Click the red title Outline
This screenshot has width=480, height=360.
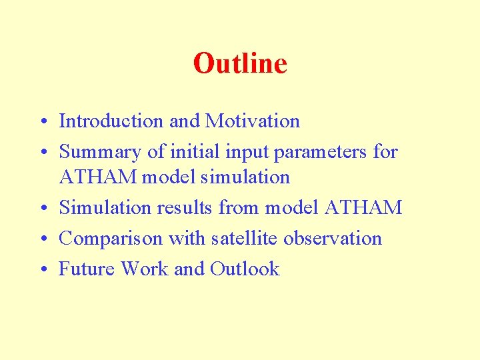pos(240,63)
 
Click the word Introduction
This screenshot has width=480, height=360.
pos(111,121)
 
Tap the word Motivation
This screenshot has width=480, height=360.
pos(253,121)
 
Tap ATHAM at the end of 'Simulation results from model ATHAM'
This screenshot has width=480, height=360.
pos(363,207)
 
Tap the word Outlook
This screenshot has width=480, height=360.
pos(245,269)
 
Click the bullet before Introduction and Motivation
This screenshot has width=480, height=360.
pos(42,122)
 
